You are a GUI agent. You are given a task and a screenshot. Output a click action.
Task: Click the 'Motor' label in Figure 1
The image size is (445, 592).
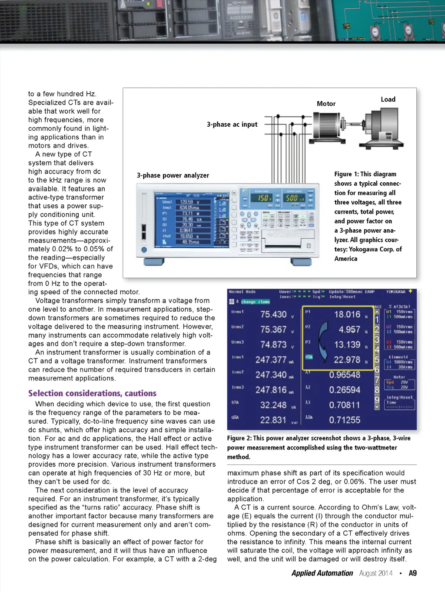326,104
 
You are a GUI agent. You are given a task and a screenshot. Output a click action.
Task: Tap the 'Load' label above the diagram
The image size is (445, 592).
388,99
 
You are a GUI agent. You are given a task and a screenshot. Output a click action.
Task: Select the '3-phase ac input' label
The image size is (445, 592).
232,125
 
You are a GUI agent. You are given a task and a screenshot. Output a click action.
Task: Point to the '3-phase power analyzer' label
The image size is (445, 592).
173,175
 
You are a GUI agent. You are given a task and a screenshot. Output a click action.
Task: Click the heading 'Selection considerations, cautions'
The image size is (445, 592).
92,393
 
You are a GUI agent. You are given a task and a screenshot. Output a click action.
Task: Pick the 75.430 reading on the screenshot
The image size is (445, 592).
273,314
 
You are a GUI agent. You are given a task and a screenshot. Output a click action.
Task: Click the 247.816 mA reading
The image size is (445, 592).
271,390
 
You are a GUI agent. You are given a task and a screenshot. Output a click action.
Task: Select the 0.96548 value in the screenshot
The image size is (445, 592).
345,375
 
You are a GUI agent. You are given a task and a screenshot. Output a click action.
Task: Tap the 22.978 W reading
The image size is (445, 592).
347,360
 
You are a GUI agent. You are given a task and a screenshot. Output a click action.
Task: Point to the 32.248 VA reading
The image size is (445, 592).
273,405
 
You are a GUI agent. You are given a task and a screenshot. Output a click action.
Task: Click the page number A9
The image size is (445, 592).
412,573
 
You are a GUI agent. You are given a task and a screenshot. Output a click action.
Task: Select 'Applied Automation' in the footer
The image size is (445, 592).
322,573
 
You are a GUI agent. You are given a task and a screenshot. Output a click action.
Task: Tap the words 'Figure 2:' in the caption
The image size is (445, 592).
239,438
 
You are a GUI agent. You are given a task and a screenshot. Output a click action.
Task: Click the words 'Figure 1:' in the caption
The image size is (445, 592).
346,174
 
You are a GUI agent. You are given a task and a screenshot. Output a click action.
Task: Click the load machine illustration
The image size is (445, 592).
385,128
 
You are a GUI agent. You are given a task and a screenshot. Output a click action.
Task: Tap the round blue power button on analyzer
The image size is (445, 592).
144,250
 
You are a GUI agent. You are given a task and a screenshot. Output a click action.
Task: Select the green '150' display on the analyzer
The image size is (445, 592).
263,198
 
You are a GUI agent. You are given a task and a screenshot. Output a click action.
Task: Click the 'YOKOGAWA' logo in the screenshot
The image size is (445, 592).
395,292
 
